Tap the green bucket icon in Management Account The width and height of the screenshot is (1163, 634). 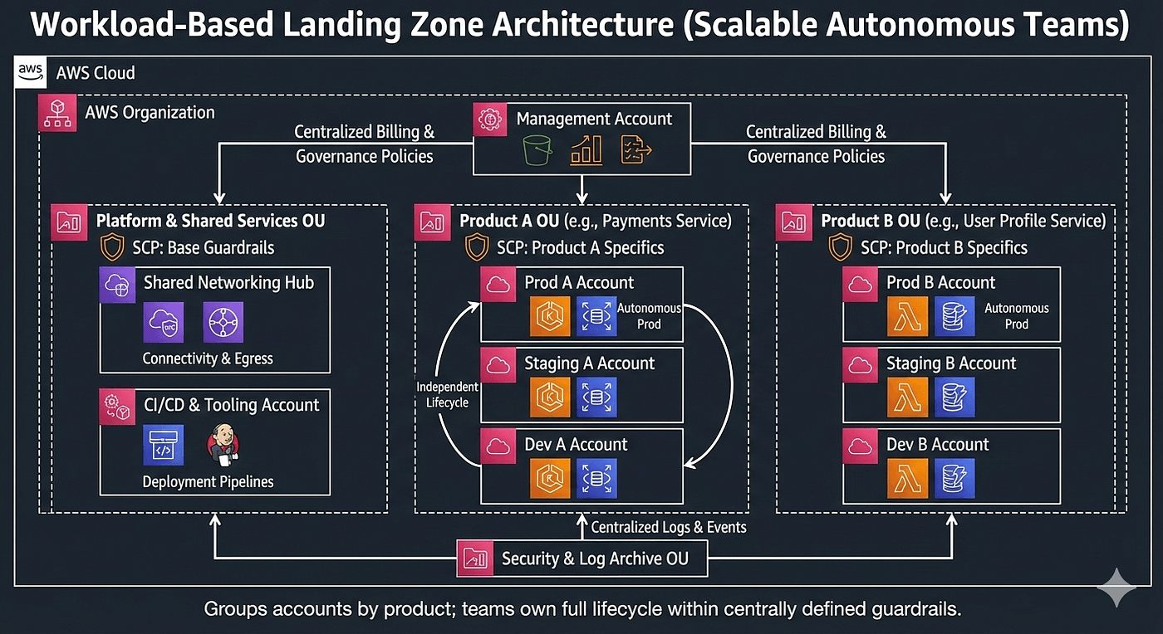click(x=537, y=151)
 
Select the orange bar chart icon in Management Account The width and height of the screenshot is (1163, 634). click(x=586, y=151)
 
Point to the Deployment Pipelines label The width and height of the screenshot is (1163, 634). click(x=208, y=481)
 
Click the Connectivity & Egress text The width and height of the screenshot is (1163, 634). click(x=208, y=358)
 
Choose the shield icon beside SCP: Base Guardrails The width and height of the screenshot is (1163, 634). click(x=112, y=247)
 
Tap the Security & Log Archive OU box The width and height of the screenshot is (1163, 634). click(x=581, y=558)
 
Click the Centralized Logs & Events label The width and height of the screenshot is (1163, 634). click(x=668, y=527)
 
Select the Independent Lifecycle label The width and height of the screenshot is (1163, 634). click(x=448, y=394)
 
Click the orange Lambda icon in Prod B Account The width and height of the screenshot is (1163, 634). click(x=907, y=316)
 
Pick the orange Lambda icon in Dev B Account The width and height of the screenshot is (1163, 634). click(x=907, y=478)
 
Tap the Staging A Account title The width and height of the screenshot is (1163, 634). click(x=589, y=363)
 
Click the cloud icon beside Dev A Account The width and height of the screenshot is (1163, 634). click(x=499, y=446)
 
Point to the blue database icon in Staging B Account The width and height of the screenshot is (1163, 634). click(x=954, y=397)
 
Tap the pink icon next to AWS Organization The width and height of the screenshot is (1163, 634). click(x=58, y=113)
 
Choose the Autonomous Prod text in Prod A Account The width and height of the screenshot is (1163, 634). click(x=649, y=316)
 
